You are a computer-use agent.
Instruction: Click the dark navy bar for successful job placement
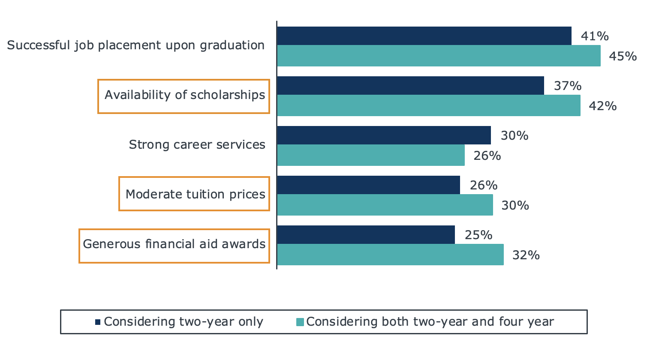pos(424,36)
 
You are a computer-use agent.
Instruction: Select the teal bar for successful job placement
pos(439,56)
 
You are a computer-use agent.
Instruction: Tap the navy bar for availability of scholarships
pos(410,86)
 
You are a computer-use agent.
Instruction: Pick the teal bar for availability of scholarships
pos(429,105)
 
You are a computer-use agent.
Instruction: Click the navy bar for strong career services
pos(384,135)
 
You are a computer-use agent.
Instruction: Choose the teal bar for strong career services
pos(371,155)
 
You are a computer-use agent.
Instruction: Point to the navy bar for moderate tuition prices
pos(368,185)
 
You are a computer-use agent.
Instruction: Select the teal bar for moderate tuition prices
pos(385,205)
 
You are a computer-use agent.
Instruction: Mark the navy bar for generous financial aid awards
pos(366,235)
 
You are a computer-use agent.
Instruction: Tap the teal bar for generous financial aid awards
pos(390,255)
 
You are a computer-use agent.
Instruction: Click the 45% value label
pos(623,56)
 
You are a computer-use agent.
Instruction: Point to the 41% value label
pos(595,36)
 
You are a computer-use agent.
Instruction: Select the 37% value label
pos(568,86)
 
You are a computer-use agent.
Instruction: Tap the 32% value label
pos(526,255)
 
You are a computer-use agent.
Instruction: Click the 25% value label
pos(478,235)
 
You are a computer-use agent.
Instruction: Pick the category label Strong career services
pos(197,144)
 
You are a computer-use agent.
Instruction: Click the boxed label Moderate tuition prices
pos(195,194)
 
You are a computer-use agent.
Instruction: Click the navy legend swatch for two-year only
pos(98,322)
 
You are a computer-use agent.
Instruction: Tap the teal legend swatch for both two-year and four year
pos(300,322)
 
